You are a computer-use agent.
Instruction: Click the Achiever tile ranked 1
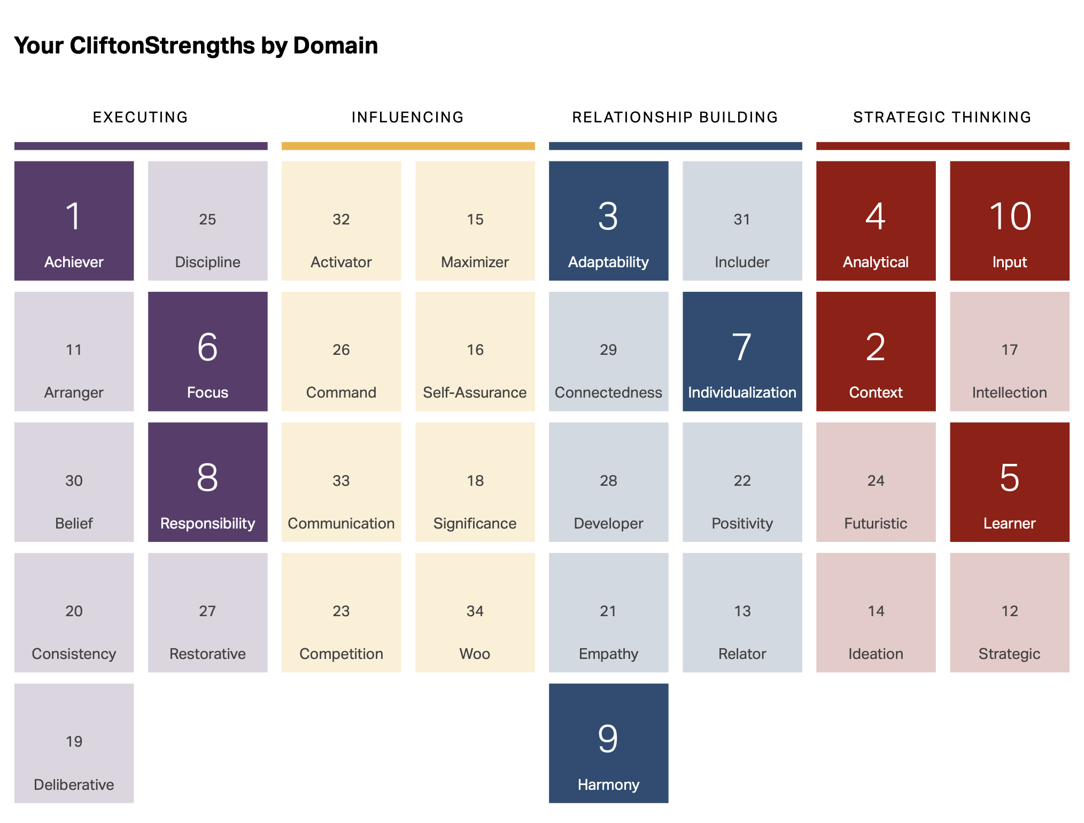74,221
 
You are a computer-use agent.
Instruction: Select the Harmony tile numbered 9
608,743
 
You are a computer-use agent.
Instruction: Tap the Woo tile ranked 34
475,612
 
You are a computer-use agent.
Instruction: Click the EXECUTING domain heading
141,117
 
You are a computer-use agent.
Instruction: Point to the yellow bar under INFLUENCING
408,146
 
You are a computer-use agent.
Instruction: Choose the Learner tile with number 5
1009,482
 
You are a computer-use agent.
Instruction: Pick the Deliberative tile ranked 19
74,743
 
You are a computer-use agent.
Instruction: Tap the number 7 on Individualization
742,347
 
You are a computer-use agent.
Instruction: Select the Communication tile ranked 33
341,482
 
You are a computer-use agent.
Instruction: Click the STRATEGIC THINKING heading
942,117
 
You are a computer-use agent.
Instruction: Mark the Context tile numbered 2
876,351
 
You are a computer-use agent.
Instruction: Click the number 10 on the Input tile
1010,216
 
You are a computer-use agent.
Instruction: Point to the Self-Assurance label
475,392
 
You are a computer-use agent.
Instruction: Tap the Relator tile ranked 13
742,612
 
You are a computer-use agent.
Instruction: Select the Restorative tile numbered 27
207,612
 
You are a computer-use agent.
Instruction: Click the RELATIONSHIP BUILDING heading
675,117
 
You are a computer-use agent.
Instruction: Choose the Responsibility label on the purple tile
207,523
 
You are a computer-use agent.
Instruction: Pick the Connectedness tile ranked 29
608,351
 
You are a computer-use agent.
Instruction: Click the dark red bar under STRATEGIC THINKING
942,146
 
